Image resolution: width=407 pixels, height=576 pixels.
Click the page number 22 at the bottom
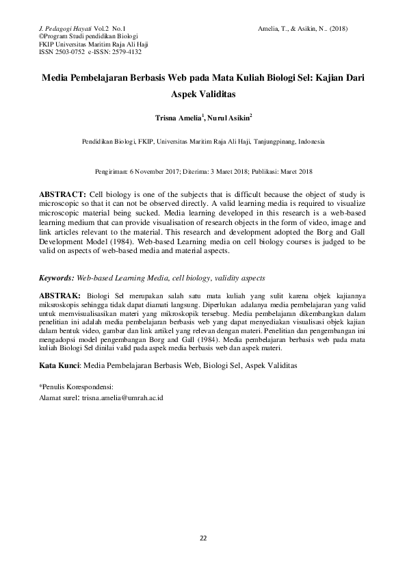point(203,537)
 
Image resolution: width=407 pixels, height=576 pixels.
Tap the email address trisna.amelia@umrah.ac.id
point(122,397)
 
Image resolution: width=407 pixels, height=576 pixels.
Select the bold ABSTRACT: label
point(62,194)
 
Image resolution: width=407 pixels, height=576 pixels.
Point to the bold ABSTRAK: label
point(61,295)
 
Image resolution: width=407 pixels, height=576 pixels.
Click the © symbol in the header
point(42,36)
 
